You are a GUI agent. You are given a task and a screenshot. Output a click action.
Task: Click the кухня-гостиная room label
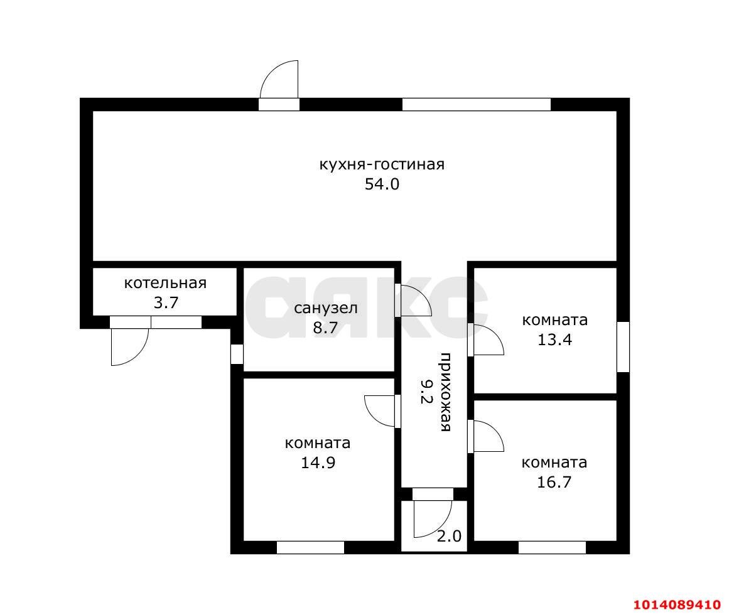tap(382, 165)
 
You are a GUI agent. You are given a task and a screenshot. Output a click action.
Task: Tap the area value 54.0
tap(382, 184)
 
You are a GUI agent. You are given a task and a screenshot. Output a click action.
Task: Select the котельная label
tap(165, 283)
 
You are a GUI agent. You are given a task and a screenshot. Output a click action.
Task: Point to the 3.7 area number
tap(166, 303)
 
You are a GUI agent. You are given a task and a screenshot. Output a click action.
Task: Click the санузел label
tap(326, 308)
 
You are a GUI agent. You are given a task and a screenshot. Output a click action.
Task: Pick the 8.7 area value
tap(325, 328)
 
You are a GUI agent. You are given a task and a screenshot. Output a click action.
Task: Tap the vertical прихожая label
tap(445, 392)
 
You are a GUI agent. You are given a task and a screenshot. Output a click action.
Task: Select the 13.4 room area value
tap(554, 340)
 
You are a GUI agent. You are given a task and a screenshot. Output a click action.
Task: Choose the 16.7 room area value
tap(554, 481)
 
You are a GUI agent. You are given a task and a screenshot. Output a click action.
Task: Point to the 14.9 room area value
tap(318, 463)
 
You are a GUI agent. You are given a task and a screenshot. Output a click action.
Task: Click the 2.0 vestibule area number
tap(450, 536)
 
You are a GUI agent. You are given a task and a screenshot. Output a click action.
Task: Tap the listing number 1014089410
tap(677, 604)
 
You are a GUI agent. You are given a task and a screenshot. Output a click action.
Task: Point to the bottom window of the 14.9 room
tap(310, 547)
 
